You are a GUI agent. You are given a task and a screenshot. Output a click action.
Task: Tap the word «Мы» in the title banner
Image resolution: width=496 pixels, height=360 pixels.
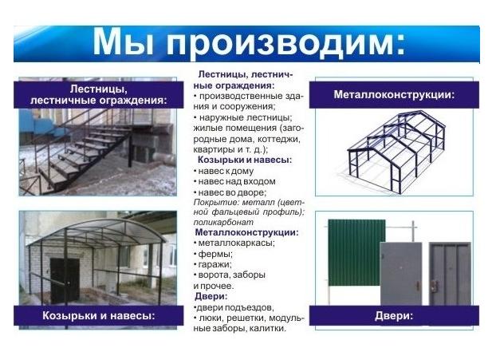click(124, 42)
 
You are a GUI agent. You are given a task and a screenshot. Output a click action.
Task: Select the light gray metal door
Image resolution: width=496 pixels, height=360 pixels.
click(401, 275)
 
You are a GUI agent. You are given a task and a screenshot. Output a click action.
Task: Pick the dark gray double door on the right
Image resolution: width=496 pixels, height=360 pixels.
click(450, 275)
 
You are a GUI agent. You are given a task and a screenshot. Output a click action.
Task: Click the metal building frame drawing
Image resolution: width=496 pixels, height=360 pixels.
click(396, 152)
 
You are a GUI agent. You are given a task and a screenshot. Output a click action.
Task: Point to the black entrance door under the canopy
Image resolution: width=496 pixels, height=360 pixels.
click(65, 280)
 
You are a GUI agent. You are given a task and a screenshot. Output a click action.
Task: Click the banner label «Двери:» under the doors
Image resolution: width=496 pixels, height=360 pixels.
click(394, 315)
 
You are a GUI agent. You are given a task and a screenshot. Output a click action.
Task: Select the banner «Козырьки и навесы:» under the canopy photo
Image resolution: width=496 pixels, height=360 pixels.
click(99, 315)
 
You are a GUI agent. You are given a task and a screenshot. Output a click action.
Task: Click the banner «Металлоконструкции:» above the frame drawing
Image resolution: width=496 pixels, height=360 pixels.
click(394, 95)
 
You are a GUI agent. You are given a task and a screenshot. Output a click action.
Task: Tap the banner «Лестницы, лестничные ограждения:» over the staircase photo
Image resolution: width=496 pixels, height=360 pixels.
click(99, 95)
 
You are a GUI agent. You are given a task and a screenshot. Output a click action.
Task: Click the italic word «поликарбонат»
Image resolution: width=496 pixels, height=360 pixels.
click(223, 222)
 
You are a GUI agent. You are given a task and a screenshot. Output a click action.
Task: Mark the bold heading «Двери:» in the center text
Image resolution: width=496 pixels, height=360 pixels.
click(211, 296)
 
